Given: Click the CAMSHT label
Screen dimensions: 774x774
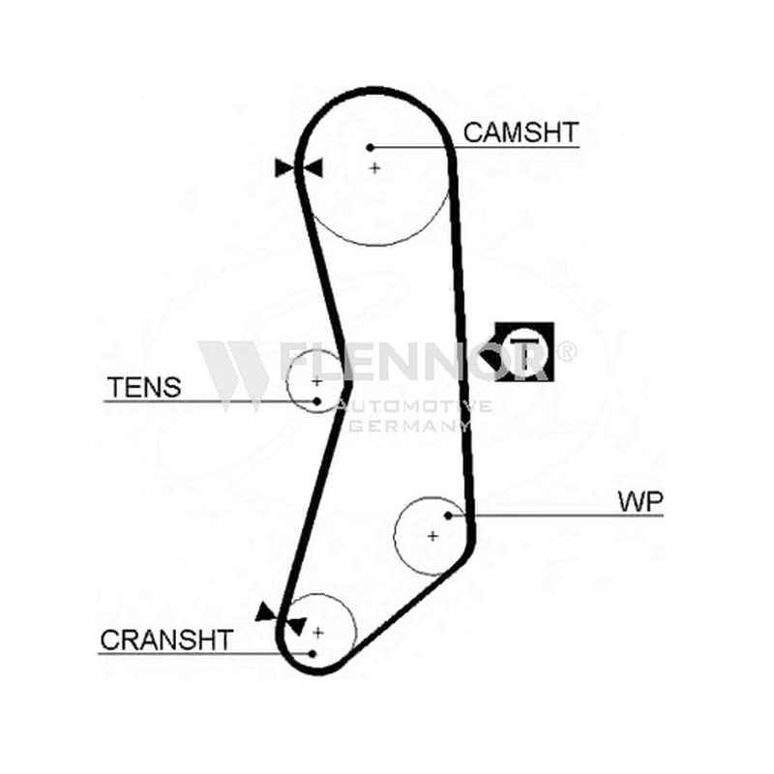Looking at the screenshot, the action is click(521, 133).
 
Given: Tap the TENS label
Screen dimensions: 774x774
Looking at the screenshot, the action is click(144, 387).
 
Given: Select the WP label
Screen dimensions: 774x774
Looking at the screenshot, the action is click(640, 502).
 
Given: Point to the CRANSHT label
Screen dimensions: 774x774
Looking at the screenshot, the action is click(166, 640).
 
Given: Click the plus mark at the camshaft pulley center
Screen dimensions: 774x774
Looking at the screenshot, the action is click(374, 168).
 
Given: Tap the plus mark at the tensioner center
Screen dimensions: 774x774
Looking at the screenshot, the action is click(317, 381).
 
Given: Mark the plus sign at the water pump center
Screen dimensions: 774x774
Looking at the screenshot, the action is click(432, 536).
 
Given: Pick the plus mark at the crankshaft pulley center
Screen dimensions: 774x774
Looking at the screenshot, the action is click(318, 633).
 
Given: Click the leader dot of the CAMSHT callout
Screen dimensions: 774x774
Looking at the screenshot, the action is click(371, 147).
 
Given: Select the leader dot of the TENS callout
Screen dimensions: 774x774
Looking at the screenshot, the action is click(317, 402).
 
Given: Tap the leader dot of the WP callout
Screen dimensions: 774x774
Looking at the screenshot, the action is click(448, 516).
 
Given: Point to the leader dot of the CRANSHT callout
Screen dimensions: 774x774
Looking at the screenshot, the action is click(312, 654).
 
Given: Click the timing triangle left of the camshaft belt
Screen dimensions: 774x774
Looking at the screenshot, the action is click(283, 167).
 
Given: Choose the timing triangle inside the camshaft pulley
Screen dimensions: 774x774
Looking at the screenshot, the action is click(313, 167).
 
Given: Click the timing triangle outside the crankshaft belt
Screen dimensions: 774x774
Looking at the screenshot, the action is click(266, 612).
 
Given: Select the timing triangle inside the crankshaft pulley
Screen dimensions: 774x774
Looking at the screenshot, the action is click(298, 626).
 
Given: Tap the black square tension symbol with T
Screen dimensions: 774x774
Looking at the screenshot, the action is click(524, 351).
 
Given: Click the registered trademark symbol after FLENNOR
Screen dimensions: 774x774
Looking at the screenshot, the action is click(566, 351).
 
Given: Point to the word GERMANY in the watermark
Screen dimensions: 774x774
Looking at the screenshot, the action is click(408, 426).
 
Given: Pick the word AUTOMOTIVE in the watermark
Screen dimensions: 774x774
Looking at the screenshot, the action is click(413, 406).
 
